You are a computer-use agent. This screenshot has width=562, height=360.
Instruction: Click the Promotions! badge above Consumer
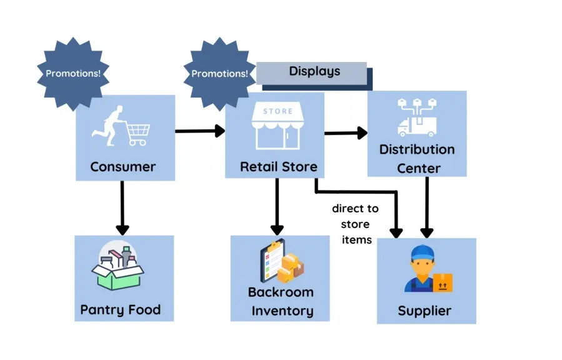73,73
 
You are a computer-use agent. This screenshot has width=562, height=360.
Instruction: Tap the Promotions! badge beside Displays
219,73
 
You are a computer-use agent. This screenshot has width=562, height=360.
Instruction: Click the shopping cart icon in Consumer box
138,132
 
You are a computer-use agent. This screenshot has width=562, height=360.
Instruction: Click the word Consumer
123,167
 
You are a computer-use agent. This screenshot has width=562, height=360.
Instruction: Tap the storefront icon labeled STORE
278,127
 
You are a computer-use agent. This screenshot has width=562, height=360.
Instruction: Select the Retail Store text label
278,167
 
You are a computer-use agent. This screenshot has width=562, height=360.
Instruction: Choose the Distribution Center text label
417,159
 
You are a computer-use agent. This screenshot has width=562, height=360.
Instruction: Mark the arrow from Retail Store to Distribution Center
345,132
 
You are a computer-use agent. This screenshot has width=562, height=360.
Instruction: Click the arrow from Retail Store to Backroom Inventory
277,206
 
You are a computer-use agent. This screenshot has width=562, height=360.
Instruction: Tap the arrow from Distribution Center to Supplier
427,206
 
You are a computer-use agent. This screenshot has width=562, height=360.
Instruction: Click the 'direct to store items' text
355,224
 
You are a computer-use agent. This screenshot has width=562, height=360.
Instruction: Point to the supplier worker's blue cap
423,253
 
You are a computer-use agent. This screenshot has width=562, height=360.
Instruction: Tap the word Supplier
424,311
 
